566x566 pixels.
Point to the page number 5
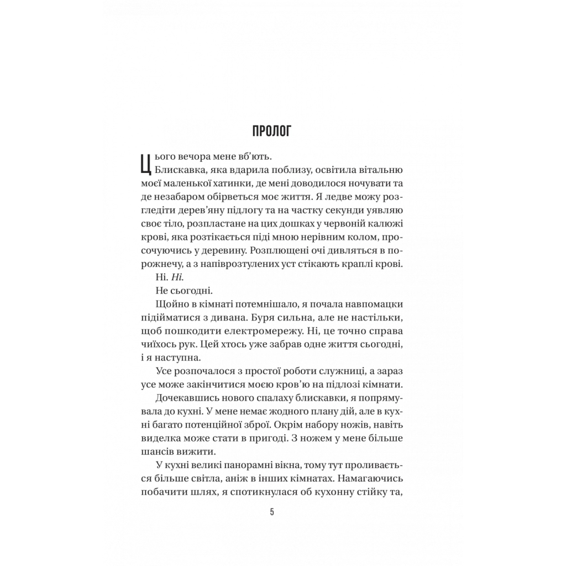(x=272, y=511)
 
